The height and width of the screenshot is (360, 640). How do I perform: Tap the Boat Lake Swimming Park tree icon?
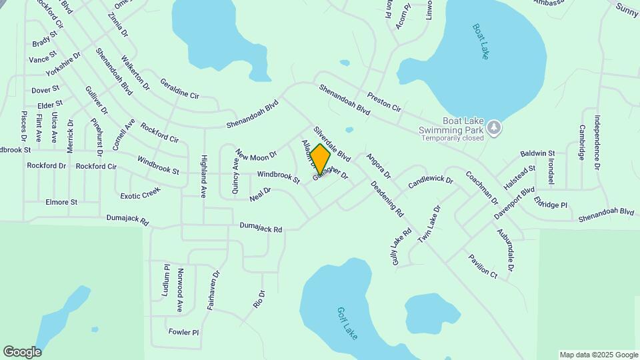click(x=493, y=126)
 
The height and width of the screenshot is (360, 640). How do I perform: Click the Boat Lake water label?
click(x=481, y=41)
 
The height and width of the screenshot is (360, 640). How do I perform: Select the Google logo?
click(x=22, y=351)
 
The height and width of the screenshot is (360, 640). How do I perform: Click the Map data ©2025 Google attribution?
click(x=598, y=355)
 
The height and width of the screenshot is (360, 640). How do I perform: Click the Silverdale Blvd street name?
click(x=332, y=144)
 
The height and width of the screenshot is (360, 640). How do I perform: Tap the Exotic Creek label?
click(x=141, y=194)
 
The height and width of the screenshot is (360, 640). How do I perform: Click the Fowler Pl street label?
click(x=183, y=331)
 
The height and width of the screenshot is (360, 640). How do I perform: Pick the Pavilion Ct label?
click(x=483, y=266)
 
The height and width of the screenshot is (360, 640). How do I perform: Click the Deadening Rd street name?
click(x=387, y=199)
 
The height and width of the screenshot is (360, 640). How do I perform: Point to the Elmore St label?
click(x=61, y=202)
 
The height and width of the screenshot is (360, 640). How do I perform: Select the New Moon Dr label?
click(x=255, y=155)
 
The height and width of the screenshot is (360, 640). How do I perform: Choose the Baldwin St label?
click(x=538, y=153)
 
